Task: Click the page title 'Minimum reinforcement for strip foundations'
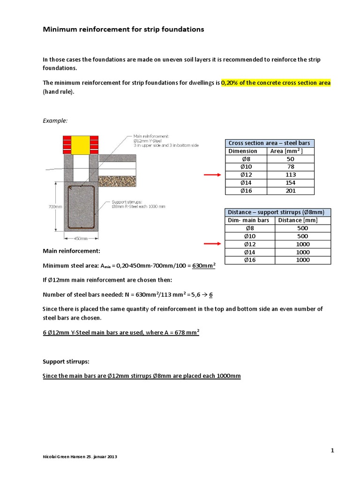(x=123, y=30)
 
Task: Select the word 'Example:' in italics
(x=55, y=120)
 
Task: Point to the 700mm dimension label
(x=55, y=207)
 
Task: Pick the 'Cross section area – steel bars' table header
(x=269, y=143)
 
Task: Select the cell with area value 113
(x=290, y=175)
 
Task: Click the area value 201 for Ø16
(x=290, y=191)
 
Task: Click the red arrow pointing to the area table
(x=212, y=175)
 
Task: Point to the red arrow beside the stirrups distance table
(x=212, y=244)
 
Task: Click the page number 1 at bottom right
(x=332, y=450)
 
